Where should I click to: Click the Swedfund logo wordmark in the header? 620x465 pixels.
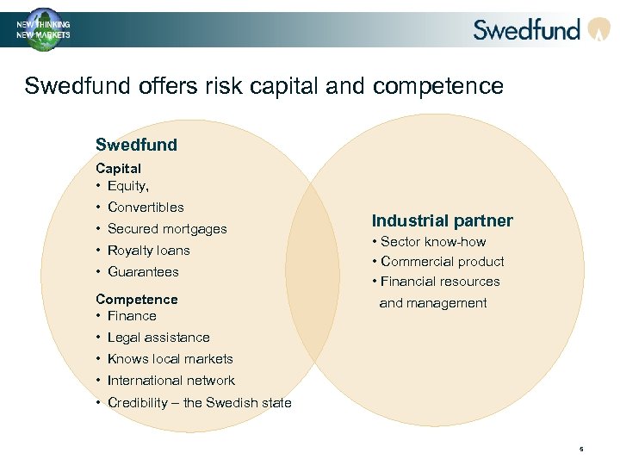pos(526,29)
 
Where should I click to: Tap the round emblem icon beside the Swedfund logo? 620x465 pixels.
pos(598,30)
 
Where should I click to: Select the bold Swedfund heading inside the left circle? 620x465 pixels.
pos(136,145)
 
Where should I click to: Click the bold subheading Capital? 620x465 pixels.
pos(118,168)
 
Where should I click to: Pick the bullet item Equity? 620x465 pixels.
pos(127,185)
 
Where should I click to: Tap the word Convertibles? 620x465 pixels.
pos(146,207)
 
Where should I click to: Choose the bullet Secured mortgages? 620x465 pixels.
pos(167,228)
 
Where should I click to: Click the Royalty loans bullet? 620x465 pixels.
pos(148,250)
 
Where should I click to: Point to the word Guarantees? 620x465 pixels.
pos(143,271)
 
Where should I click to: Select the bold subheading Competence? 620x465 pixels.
pos(136,299)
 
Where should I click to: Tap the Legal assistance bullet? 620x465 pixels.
pos(158,337)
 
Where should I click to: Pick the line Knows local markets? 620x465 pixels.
pos(170,358)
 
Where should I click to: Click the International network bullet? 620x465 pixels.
pos(170,380)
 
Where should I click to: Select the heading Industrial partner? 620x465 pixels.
pos(442,220)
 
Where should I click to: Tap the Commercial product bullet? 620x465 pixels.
pos(442,261)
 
